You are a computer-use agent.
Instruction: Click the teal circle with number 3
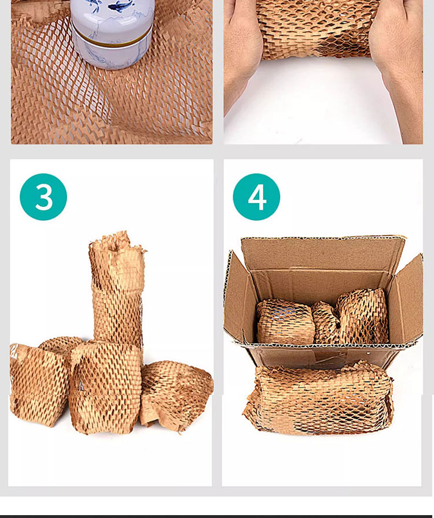tap(43, 197)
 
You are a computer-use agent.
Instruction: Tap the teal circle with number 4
tap(256, 197)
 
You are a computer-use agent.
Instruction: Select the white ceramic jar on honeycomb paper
tap(113, 33)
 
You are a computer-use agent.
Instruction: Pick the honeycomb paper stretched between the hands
tap(318, 29)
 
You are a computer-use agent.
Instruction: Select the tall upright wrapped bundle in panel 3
tap(117, 291)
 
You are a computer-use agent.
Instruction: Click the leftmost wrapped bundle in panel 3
tap(36, 383)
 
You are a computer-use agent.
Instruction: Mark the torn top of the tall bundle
tap(117, 246)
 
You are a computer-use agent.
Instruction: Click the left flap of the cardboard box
tap(236, 297)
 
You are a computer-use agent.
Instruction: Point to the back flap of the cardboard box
tap(322, 254)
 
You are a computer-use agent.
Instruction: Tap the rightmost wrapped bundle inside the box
tap(362, 316)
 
